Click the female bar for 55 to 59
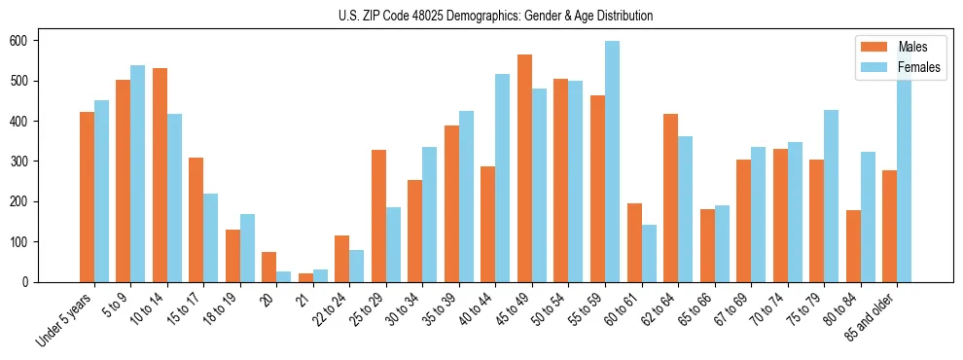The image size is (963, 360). point(612,162)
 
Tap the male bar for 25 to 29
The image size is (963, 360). point(378,216)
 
